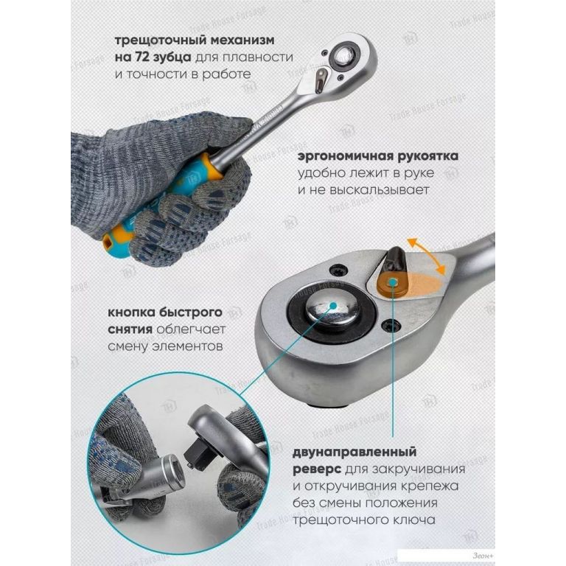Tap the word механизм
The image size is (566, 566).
tap(242, 40)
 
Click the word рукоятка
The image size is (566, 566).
tap(427, 156)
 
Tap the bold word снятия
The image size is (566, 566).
tap(130, 329)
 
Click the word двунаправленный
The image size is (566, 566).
tap(354, 452)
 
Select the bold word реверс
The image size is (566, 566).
tap(317, 469)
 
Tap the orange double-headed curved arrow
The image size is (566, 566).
tap(427, 256)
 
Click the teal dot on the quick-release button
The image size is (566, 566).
tap(333, 305)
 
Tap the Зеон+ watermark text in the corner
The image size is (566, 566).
tap(482, 556)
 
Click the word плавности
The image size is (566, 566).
tap(258, 57)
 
